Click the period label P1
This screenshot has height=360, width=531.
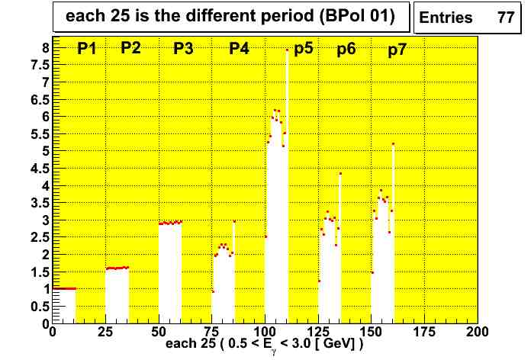click(86, 50)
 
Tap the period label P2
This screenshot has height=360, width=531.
click(130, 48)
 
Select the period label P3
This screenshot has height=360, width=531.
click(183, 50)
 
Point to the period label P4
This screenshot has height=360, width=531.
click(239, 50)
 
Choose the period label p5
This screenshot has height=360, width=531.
click(304, 50)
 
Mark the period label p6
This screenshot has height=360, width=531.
click(346, 50)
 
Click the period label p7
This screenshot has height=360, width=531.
click(397, 50)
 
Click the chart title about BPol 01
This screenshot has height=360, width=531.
click(230, 18)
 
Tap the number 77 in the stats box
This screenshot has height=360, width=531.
click(505, 18)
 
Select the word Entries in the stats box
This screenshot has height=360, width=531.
click(446, 18)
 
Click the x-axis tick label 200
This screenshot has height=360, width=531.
click(477, 333)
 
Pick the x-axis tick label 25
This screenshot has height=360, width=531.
click(105, 333)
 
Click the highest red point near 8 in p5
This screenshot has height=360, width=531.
click(287, 50)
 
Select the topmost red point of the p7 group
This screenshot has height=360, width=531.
click(393, 144)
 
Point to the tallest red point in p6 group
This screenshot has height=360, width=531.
click(340, 174)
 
